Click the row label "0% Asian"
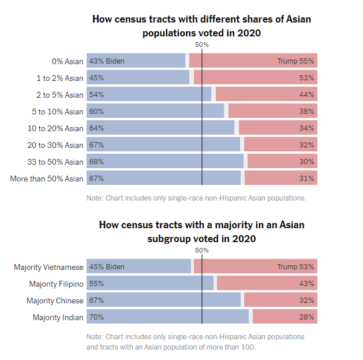[67, 61]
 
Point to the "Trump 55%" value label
[295, 61]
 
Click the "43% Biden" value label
[107, 61]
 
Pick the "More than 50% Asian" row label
[47, 179]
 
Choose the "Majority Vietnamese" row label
[49, 267]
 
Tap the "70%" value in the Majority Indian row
[96, 317]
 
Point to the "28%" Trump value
[306, 317]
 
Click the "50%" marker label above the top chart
[202, 44]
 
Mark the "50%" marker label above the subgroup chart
[202, 250]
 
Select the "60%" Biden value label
[96, 112]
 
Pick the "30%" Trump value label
[306, 162]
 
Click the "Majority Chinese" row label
[55, 300]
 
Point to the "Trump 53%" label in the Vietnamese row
[295, 267]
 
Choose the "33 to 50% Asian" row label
[55, 162]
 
